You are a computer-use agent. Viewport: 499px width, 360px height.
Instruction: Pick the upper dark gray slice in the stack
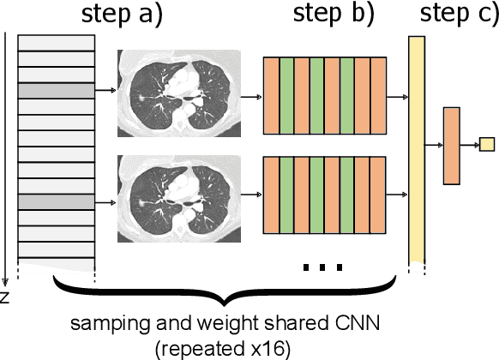[56, 89]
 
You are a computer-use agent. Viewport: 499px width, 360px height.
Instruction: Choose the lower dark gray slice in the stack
[56, 201]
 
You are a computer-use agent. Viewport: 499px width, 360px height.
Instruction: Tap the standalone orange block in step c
[452, 146]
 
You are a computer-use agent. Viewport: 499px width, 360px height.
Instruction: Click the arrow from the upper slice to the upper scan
[105, 89]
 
